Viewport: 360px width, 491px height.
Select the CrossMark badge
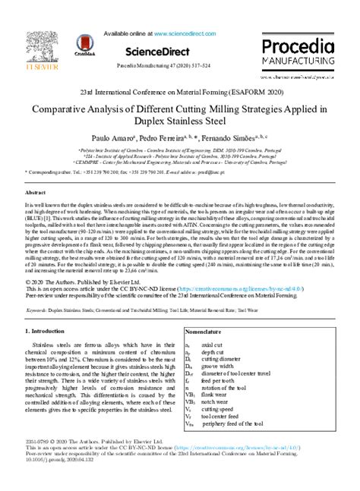85,50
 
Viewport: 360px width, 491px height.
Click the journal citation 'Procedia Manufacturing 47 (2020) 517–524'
179,67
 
